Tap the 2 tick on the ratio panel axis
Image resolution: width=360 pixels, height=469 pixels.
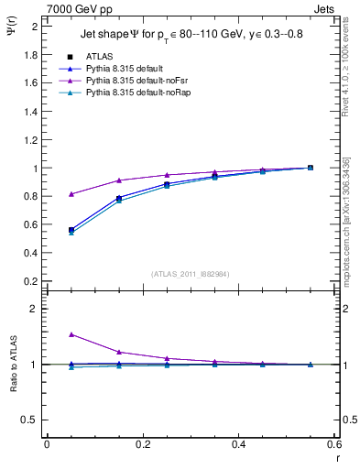coord(34,309)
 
